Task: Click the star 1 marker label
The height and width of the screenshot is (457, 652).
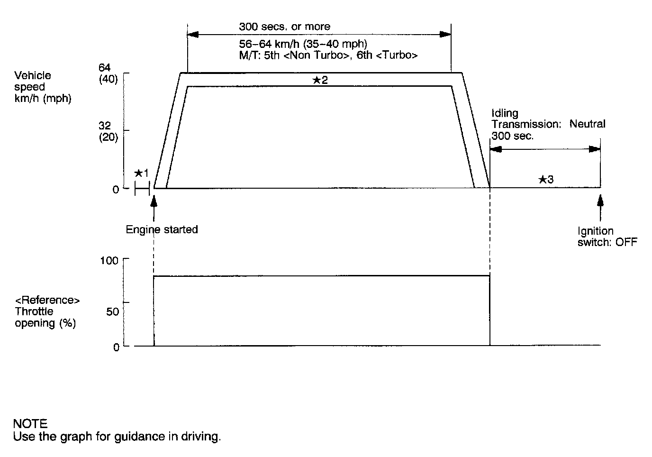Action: [x=141, y=174]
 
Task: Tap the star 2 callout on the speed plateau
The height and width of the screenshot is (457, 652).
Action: [x=320, y=80]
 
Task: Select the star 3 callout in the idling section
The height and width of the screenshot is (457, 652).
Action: [x=546, y=179]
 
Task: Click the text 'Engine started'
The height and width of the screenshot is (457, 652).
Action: [x=162, y=230]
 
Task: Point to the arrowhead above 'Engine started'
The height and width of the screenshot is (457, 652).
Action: [x=154, y=200]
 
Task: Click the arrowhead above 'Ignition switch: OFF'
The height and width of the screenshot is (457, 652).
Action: [x=600, y=200]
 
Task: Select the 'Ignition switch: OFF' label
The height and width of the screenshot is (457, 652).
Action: [x=607, y=237]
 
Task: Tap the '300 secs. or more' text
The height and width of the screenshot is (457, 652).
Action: [x=284, y=27]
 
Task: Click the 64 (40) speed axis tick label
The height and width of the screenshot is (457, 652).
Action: [x=108, y=74]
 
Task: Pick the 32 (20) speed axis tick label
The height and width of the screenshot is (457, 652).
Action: [x=108, y=132]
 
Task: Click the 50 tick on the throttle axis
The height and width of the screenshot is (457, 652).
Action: [x=112, y=311]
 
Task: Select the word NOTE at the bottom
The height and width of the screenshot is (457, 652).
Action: [x=30, y=423]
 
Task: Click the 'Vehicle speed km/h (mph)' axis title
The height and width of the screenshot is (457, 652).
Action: [x=43, y=87]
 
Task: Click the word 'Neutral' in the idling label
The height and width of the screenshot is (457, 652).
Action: [x=587, y=124]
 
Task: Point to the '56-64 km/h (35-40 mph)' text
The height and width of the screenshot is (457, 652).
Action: [x=303, y=44]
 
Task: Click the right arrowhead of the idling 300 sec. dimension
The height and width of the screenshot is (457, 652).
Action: [x=594, y=149]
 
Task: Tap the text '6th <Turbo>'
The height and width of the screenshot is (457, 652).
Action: [x=387, y=55]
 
